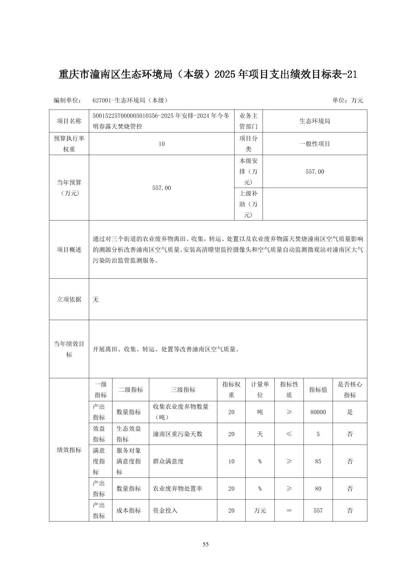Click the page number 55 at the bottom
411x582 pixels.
coord(205,544)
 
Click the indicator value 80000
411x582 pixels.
coord(318,412)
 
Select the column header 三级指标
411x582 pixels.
coord(183,389)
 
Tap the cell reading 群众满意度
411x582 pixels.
coord(168,461)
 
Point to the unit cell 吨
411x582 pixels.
coord(260,412)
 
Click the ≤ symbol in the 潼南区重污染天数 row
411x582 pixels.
coord(289,434)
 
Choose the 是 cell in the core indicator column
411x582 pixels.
coord(350,412)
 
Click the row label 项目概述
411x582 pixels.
coord(69,249)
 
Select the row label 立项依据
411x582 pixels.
coord(69,299)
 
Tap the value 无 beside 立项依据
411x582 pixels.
coord(96,299)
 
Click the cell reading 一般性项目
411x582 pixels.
coord(315,144)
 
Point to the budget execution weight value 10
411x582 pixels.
coord(161,144)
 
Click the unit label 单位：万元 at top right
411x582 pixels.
coord(347,100)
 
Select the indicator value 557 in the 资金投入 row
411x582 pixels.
coord(318,510)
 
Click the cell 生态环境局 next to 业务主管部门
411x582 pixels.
coord(315,121)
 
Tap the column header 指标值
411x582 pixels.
coord(318,389)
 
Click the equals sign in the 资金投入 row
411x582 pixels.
coord(289,510)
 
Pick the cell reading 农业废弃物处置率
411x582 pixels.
coord(178,489)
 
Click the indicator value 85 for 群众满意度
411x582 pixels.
coord(318,461)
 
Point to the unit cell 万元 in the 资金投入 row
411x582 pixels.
coord(260,510)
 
